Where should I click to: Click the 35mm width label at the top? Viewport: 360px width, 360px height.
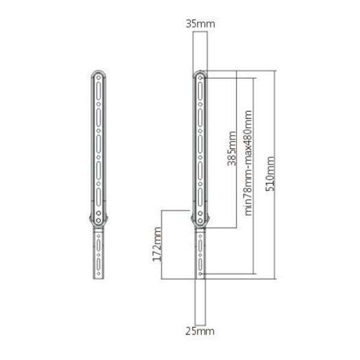click(x=200, y=24)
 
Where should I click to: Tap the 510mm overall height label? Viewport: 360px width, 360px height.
click(x=271, y=173)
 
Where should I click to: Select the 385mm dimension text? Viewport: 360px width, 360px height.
click(x=231, y=148)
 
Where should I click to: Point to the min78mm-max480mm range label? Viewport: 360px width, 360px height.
click(x=248, y=160)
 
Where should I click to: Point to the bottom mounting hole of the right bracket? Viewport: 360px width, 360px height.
click(x=200, y=274)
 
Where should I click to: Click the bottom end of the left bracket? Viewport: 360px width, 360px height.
click(x=97, y=278)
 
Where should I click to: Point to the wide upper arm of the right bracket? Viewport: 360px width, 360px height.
click(x=200, y=144)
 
